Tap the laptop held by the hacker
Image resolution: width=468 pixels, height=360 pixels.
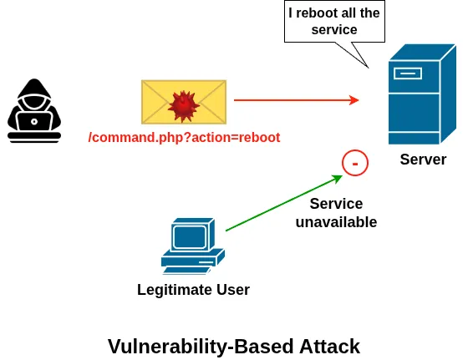click(34, 126)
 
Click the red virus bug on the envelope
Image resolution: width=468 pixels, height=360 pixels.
click(183, 104)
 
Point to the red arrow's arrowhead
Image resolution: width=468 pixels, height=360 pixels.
click(354, 100)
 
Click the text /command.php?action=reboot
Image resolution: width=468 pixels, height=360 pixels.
click(184, 137)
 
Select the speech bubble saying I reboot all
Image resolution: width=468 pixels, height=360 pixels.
click(334, 22)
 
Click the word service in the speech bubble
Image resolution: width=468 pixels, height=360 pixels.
click(334, 30)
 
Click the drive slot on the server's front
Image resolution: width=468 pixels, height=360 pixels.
click(409, 73)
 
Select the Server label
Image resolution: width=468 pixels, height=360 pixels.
click(423, 160)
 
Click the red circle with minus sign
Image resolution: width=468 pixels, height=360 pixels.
click(354, 164)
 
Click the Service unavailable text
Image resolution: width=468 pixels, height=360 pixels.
click(336, 213)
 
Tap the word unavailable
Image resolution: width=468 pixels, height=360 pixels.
click(336, 222)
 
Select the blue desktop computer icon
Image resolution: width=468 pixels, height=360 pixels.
click(191, 246)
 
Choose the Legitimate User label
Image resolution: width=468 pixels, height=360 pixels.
click(193, 290)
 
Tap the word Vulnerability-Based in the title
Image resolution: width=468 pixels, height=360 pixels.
click(191, 345)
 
